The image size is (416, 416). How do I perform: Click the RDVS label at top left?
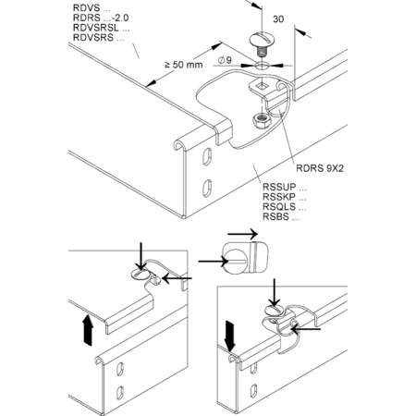point(92,8)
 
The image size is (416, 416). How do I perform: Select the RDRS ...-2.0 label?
point(101,18)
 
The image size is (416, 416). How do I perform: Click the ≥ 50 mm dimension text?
point(184,65)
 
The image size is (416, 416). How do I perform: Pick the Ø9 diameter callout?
point(225,60)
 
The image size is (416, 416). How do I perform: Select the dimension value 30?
point(278,19)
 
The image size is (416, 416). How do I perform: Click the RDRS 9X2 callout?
point(320,168)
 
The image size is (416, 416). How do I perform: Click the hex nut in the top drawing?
point(262,119)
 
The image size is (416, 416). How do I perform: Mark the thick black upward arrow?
point(88,330)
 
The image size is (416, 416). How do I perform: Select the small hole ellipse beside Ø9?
point(262,66)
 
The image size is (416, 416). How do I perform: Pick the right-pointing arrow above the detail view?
point(242,234)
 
